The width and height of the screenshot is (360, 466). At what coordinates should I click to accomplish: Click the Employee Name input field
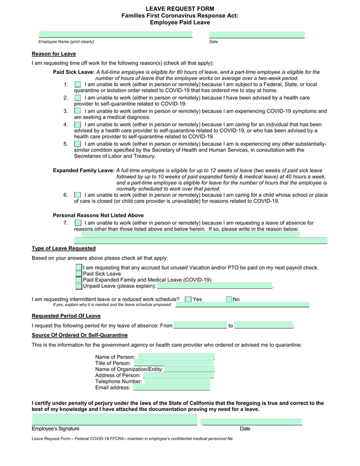[115, 35]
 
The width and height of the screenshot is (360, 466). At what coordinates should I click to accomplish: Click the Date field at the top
[256, 35]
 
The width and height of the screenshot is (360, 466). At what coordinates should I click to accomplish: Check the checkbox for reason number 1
[78, 84]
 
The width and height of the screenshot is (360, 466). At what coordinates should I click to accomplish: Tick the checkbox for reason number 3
[78, 111]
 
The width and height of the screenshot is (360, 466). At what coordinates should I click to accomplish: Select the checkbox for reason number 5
[78, 144]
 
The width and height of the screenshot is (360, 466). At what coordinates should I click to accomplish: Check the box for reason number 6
[78, 195]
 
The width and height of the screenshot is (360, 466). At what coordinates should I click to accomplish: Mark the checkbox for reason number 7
[78, 223]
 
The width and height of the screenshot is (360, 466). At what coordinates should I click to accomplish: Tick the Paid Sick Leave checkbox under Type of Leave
[79, 274]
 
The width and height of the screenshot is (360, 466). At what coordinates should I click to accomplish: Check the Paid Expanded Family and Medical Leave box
[79, 280]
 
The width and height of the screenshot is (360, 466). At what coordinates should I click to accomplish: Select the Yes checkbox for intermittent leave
[188, 299]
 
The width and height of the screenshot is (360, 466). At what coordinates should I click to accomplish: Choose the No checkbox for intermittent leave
[229, 299]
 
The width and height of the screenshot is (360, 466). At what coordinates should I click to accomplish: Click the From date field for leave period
[200, 325]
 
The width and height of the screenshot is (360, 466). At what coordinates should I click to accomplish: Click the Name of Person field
[175, 357]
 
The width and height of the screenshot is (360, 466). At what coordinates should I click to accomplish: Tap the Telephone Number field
[177, 381]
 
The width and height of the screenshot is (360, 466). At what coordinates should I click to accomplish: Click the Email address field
[171, 387]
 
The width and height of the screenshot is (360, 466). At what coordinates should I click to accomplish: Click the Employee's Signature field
[115, 420]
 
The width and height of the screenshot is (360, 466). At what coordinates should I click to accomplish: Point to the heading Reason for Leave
[53, 53]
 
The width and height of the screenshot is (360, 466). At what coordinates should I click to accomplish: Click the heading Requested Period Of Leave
[66, 316]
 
